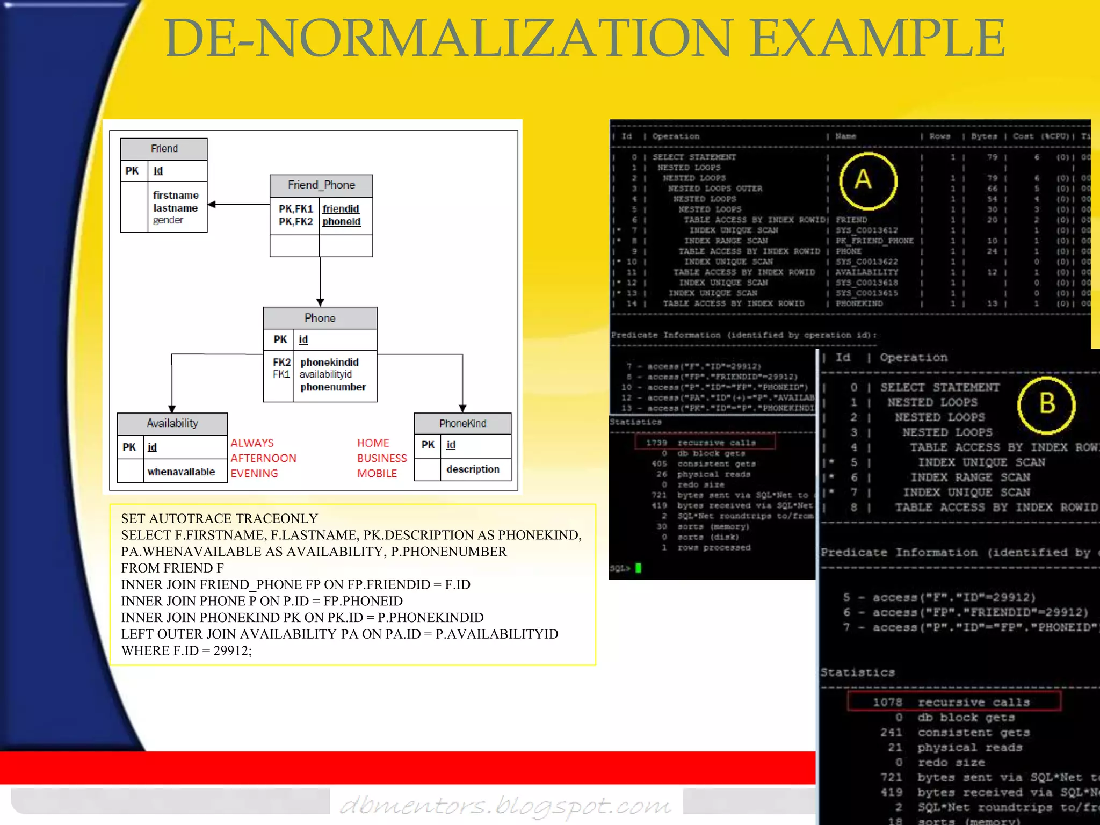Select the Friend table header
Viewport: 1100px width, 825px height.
pyautogui.click(x=164, y=149)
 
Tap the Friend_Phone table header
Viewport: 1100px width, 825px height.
pyautogui.click(x=321, y=185)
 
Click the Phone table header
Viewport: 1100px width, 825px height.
pyautogui.click(x=320, y=318)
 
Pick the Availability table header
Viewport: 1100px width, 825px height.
pyautogui.click(x=172, y=423)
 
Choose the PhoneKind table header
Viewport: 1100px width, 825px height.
pyautogui.click(x=462, y=423)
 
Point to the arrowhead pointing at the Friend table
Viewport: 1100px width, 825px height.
pyautogui.click(x=212, y=204)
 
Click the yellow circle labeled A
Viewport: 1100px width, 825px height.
pyautogui.click(x=868, y=180)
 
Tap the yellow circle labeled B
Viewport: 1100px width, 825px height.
pyautogui.click(x=1046, y=404)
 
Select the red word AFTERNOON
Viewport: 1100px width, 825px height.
pyautogui.click(x=263, y=458)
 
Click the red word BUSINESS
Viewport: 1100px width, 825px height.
pyautogui.click(x=382, y=458)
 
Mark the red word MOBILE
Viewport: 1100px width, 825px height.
pyautogui.click(x=377, y=474)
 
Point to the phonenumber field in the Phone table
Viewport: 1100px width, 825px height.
pyautogui.click(x=333, y=387)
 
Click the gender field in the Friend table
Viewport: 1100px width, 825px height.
pyautogui.click(x=168, y=220)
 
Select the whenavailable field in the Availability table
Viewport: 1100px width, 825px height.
pyautogui.click(x=181, y=472)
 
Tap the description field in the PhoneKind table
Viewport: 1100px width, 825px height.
pyautogui.click(x=473, y=469)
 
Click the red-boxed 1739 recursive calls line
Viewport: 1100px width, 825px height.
pyautogui.click(x=705, y=443)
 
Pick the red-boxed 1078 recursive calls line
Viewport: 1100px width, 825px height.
pyautogui.click(x=954, y=702)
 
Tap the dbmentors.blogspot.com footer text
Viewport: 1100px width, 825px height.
pyautogui.click(x=505, y=806)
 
